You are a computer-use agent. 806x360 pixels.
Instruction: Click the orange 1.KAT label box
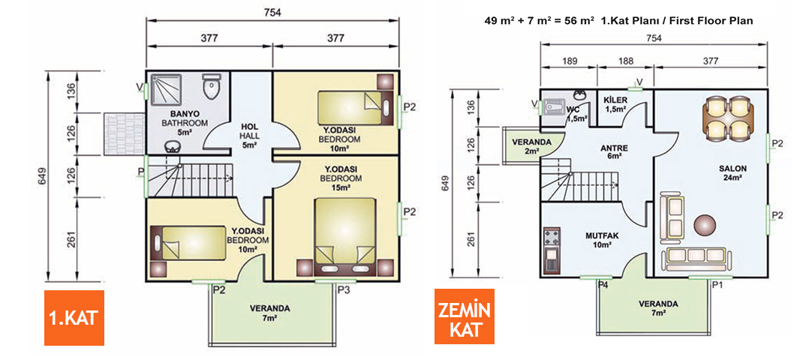pyautogui.click(x=73, y=317)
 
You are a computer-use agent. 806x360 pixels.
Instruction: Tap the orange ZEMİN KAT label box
pyautogui.click(x=464, y=317)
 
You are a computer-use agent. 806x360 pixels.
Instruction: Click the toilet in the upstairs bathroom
pyautogui.click(x=212, y=87)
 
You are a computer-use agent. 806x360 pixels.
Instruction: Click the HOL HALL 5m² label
pyautogui.click(x=250, y=136)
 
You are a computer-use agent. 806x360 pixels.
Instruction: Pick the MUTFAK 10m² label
pyautogui.click(x=600, y=240)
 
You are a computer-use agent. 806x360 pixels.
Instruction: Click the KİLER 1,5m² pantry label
pyautogui.click(x=615, y=104)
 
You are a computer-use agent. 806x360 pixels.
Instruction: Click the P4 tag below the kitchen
pyautogui.click(x=603, y=285)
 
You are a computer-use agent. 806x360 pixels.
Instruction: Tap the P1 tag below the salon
pyautogui.click(x=717, y=285)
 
